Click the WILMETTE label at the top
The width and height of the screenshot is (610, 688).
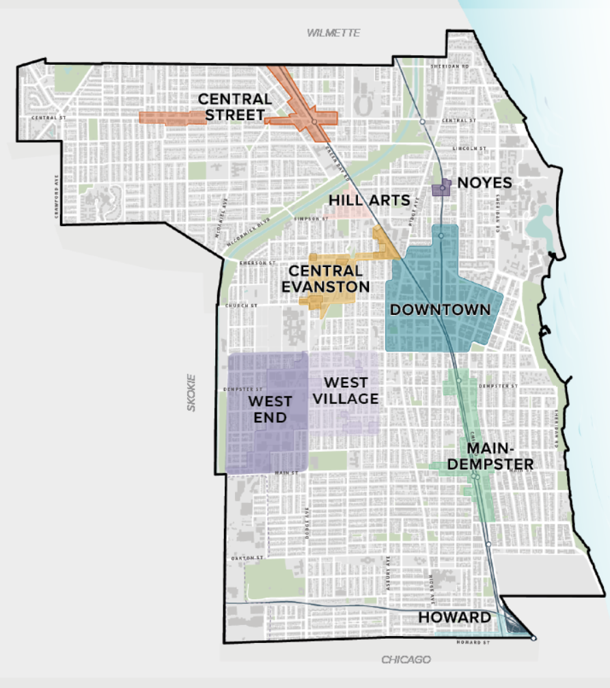click(x=333, y=33)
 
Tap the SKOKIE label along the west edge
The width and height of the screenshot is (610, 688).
click(x=191, y=392)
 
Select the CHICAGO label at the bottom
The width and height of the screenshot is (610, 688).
click(x=406, y=659)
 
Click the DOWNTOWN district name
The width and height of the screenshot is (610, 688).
click(x=440, y=309)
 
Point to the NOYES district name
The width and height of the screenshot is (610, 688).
click(x=484, y=182)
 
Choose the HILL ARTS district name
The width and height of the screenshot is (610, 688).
click(x=369, y=199)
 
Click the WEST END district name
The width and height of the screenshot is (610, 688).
click(x=270, y=409)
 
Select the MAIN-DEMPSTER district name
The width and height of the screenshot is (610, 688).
click(x=499, y=456)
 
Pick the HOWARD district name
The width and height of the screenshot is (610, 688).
click(x=454, y=618)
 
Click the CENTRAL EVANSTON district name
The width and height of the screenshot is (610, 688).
click(x=327, y=279)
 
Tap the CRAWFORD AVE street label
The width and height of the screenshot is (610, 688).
click(x=56, y=197)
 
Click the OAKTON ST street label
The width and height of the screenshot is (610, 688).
click(x=248, y=558)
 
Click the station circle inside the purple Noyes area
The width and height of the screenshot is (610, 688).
click(x=443, y=188)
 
